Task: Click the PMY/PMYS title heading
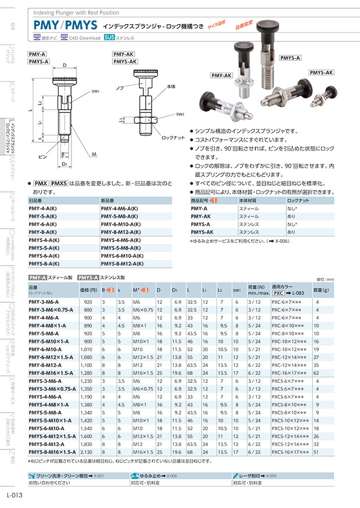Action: (x=65, y=25)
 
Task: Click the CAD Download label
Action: (x=84, y=38)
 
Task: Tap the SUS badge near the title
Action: (x=110, y=38)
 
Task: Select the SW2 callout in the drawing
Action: (x=180, y=115)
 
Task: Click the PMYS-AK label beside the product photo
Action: (x=321, y=72)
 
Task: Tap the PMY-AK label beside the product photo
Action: (x=221, y=75)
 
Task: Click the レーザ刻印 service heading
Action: (x=250, y=475)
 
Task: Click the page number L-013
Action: (x=14, y=496)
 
